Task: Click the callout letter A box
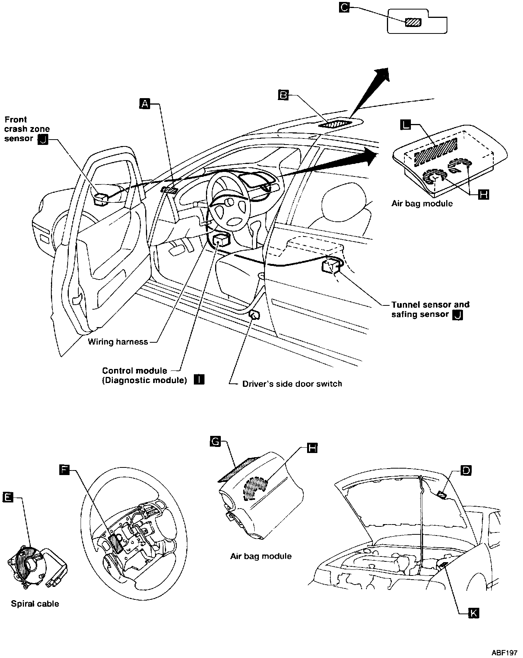point(145,103)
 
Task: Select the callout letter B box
point(284,94)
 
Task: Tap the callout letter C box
point(344,7)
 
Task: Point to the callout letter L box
point(406,124)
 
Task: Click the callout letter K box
point(474,613)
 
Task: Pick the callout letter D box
point(466,470)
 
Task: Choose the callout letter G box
point(216,442)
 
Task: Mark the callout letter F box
point(65,470)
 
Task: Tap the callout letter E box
point(8,497)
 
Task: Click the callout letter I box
point(199,380)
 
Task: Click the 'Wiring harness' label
point(118,342)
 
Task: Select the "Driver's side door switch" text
point(292,384)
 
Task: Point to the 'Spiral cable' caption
point(35,604)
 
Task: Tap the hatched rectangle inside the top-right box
point(413,22)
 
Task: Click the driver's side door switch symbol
point(254,315)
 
